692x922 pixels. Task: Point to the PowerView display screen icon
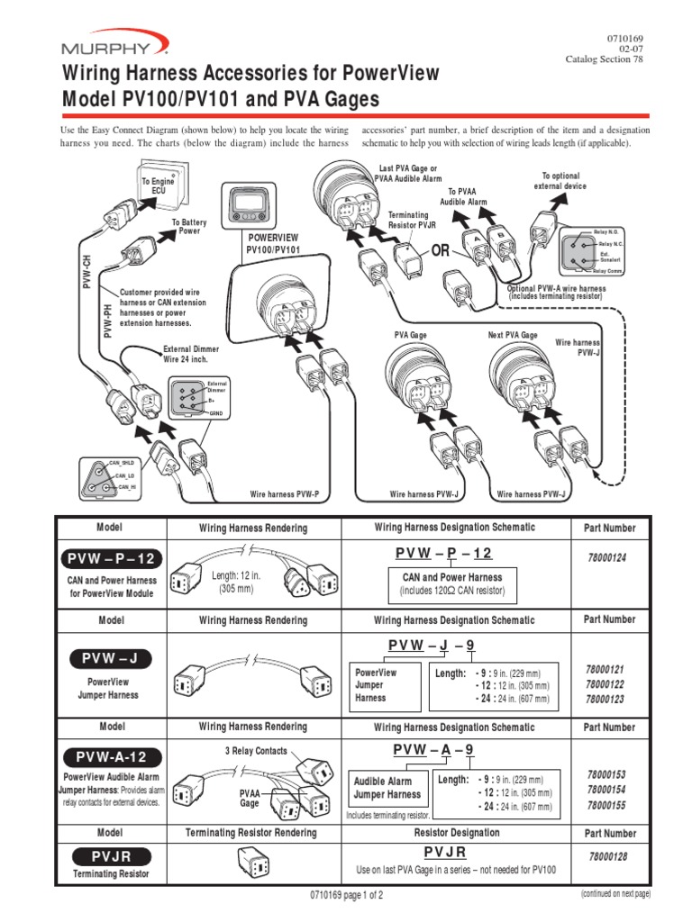click(247, 206)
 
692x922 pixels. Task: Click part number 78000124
click(611, 558)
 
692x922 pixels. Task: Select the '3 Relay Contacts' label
click(256, 751)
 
